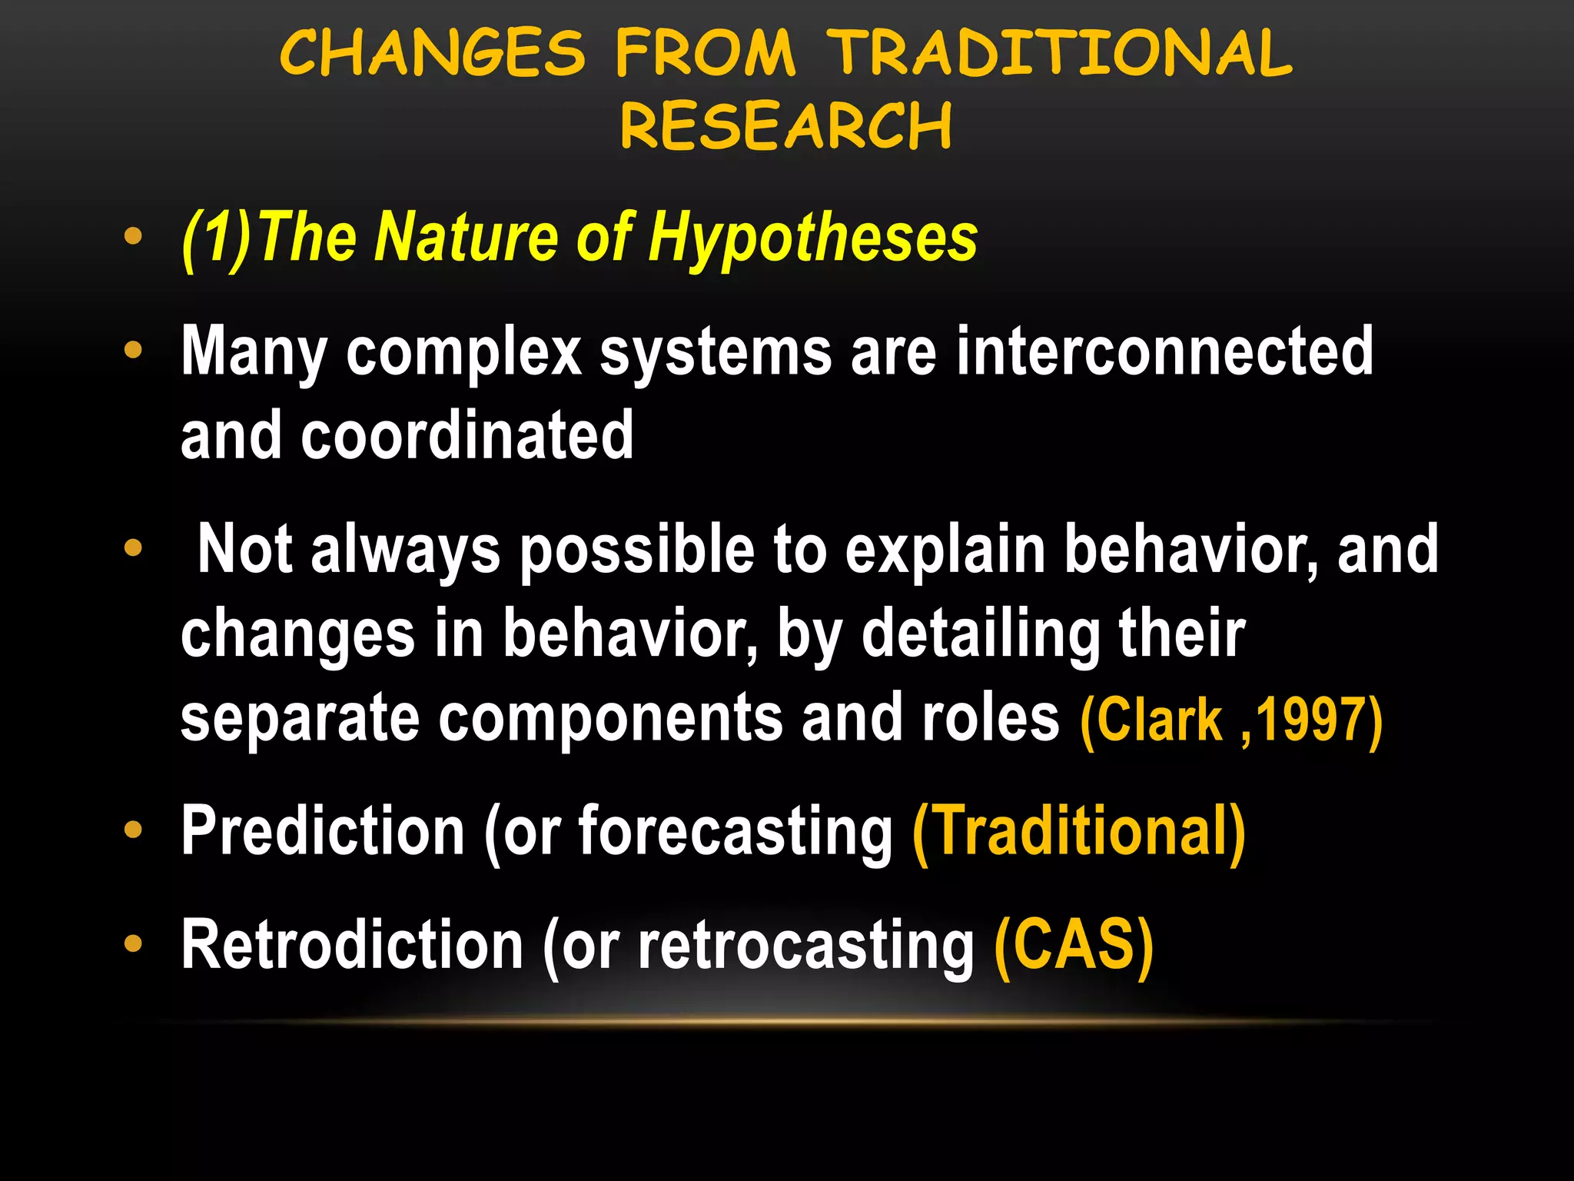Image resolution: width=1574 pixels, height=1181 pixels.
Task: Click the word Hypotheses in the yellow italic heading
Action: point(812,238)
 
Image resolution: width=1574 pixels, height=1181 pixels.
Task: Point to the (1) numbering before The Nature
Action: point(216,238)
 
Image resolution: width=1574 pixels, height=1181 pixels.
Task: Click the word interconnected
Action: point(1164,351)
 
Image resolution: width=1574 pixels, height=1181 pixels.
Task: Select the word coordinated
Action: point(467,436)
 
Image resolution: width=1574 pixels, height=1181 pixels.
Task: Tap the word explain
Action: point(945,550)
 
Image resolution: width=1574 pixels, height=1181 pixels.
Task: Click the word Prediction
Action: point(323,831)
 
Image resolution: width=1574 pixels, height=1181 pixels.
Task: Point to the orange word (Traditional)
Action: point(1078,831)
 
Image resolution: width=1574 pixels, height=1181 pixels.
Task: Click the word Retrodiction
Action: point(352,945)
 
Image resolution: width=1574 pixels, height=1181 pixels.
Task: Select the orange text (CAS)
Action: point(1073,945)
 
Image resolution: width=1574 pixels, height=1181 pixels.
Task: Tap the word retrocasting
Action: point(805,945)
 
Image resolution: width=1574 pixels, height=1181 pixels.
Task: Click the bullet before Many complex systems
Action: point(133,351)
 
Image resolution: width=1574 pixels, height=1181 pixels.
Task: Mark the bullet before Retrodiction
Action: point(133,943)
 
